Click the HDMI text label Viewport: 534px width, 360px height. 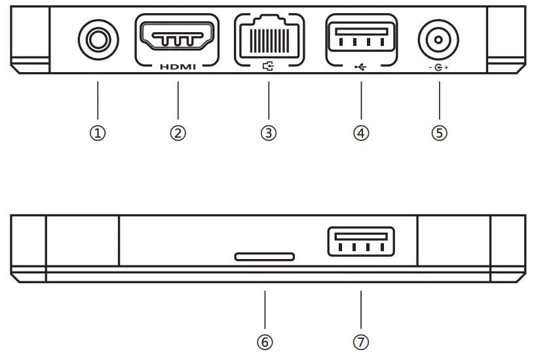[x=178, y=67]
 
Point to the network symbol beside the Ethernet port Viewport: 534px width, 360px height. [x=269, y=67]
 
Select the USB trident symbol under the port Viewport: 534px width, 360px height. [x=360, y=67]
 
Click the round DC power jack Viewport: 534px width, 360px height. [x=438, y=41]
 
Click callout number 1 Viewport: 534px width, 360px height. [x=98, y=132]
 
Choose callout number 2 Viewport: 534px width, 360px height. [x=178, y=132]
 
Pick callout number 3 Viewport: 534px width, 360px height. [x=269, y=132]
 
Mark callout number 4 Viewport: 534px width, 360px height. [x=360, y=132]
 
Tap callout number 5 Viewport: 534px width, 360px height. [x=439, y=132]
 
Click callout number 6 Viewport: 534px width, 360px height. [x=265, y=342]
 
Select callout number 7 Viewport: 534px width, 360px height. [x=360, y=342]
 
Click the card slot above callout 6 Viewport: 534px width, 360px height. [x=265, y=256]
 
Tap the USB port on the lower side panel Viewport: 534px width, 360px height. [x=360, y=243]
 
